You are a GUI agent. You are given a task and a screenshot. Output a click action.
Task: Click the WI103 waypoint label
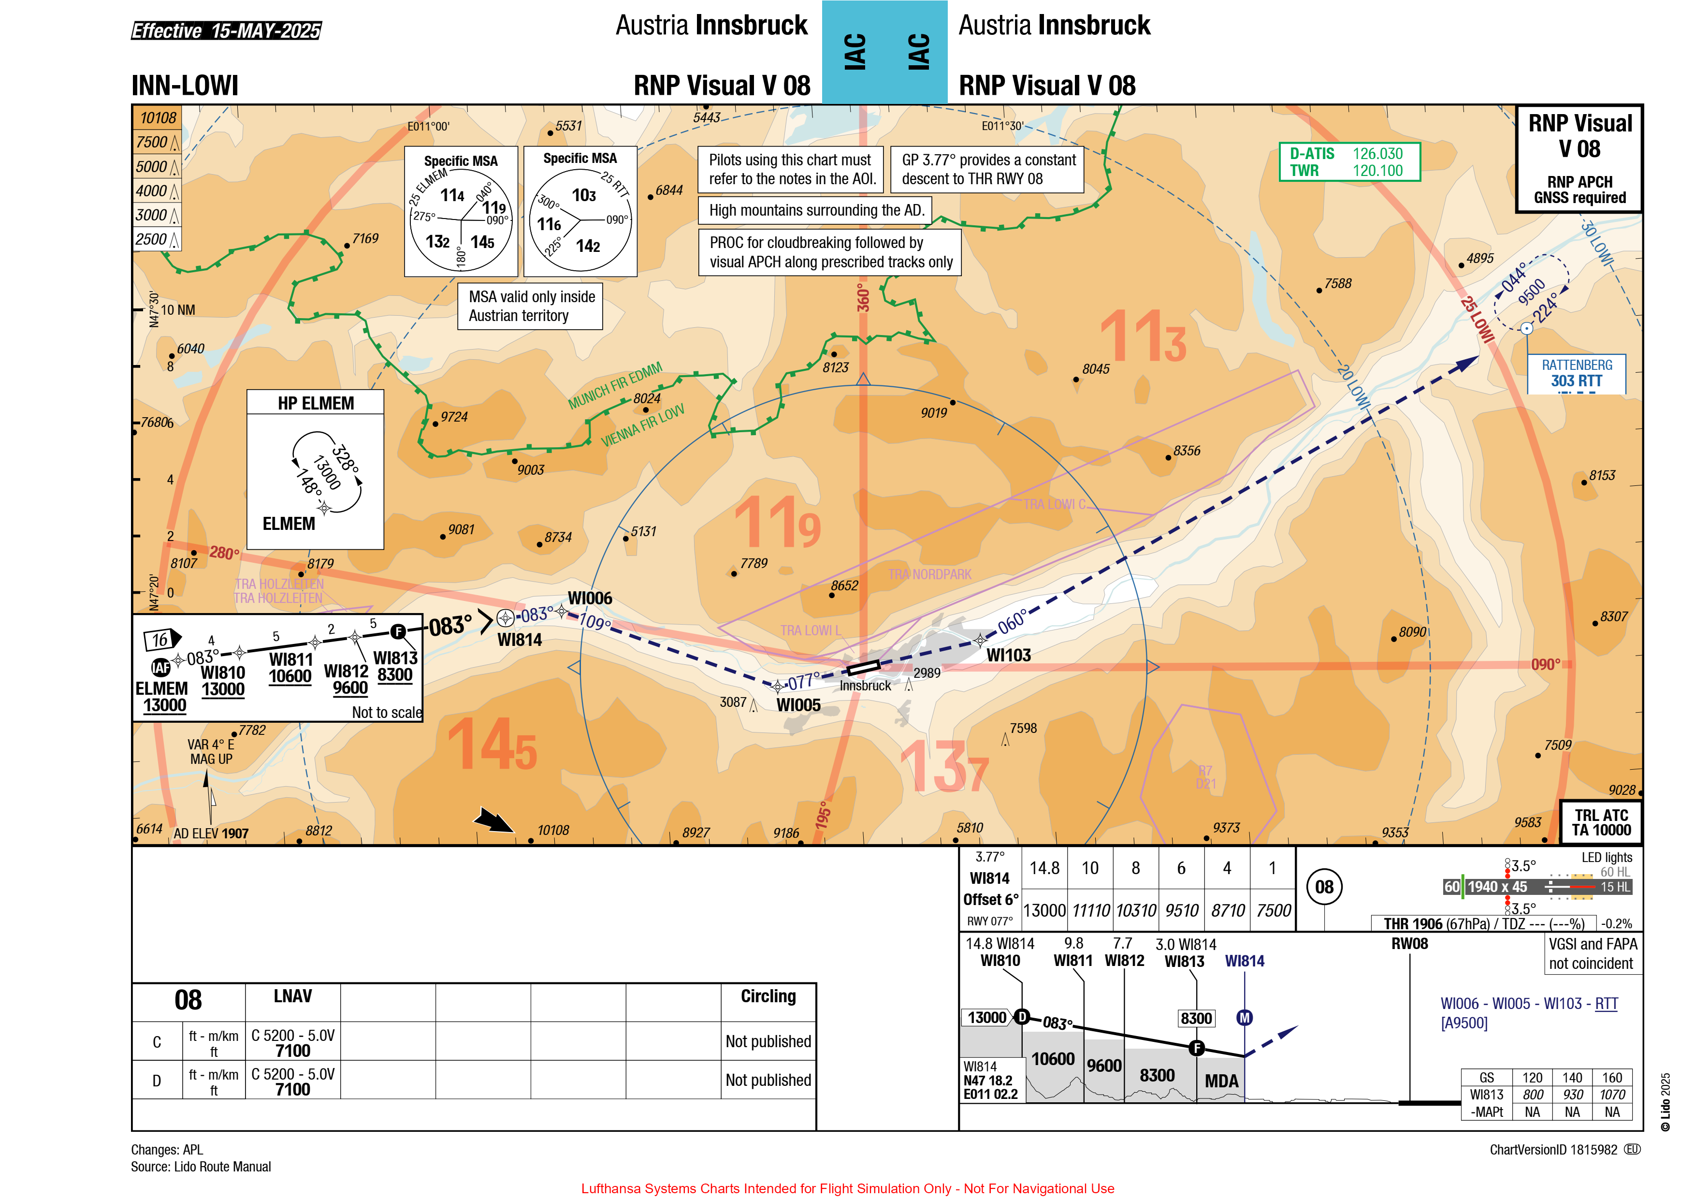pyautogui.click(x=1008, y=655)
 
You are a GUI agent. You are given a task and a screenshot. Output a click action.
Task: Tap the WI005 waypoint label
pyautogui.click(x=798, y=705)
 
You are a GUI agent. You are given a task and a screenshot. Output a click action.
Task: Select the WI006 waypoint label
pyautogui.click(x=590, y=598)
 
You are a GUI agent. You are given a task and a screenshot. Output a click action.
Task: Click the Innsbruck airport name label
pyautogui.click(x=865, y=685)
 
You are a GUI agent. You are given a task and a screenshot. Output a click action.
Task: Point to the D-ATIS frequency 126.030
pyautogui.click(x=1377, y=154)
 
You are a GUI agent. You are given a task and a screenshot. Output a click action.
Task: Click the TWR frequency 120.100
pyautogui.click(x=1377, y=171)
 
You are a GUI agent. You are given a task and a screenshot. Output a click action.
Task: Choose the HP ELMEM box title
pyautogui.click(x=316, y=403)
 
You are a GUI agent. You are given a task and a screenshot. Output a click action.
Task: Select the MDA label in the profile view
pyautogui.click(x=1222, y=1081)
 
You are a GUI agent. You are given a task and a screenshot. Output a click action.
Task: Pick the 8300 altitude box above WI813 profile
pyautogui.click(x=1196, y=1019)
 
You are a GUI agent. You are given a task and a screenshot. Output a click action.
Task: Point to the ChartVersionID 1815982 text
pyautogui.click(x=1553, y=1150)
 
